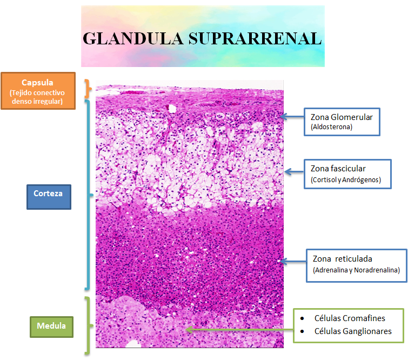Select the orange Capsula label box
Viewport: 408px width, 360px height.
(38, 91)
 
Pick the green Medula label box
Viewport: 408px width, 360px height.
(51, 326)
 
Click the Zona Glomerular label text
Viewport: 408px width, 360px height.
(342, 117)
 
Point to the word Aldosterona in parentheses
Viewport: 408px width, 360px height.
(332, 127)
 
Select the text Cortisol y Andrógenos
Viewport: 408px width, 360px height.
(346, 179)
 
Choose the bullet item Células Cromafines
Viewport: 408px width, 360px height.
(350, 318)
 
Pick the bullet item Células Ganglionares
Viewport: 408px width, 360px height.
(352, 331)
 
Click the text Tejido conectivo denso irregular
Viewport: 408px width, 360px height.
(37, 97)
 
